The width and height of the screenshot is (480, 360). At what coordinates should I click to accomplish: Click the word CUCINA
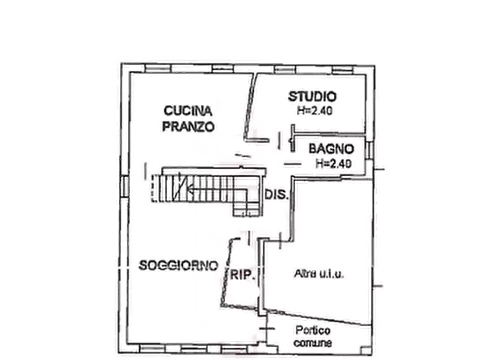pos(188,111)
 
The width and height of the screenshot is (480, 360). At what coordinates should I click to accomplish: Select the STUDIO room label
pos(312,97)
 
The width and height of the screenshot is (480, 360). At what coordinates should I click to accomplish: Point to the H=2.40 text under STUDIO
pos(314,111)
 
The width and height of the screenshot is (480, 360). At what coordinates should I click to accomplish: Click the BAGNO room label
pos(331,149)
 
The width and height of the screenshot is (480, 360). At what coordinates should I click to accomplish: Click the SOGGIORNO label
pos(178,265)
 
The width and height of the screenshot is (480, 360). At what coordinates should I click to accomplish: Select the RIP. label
pos(242,275)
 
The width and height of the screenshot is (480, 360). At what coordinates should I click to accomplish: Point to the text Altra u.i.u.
pos(319,273)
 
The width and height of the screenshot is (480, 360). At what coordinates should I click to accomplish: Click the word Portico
pos(312,330)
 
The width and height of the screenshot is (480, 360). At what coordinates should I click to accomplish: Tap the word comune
pos(313,343)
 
